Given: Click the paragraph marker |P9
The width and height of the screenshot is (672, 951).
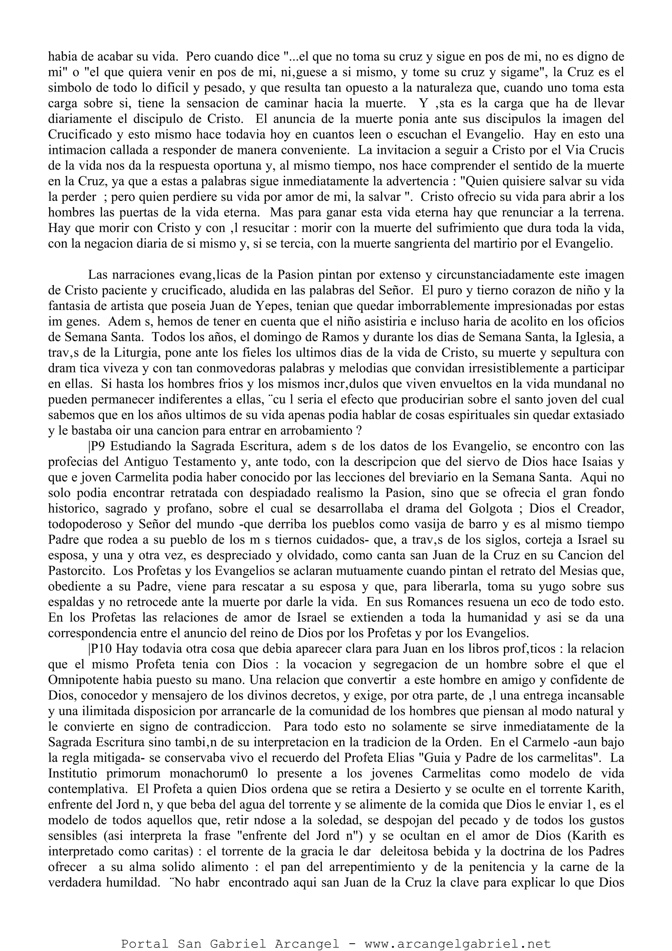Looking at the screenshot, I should (x=98, y=447).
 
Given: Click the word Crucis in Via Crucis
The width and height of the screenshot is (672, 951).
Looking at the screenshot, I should (x=604, y=150).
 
